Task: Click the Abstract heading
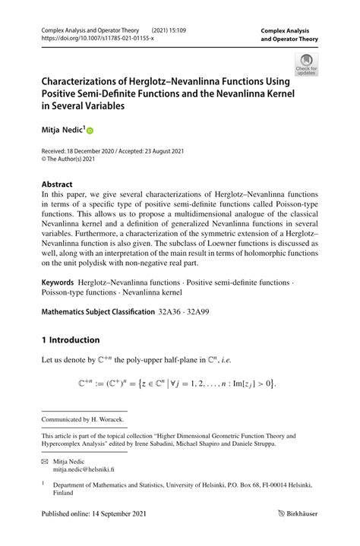(x=57, y=184)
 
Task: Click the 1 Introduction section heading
(x=70, y=339)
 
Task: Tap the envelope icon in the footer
(x=46, y=461)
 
